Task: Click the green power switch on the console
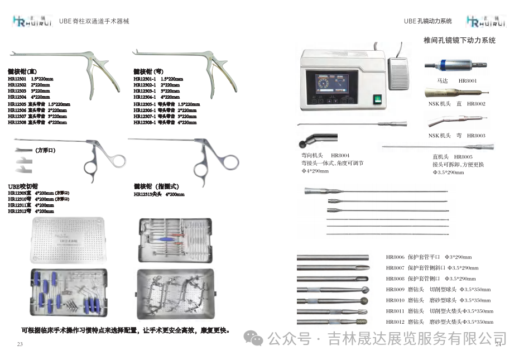pos(378,100)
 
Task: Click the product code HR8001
pos(468,81)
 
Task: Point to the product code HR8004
pos(340,155)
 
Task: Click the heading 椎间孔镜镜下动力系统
pos(459,41)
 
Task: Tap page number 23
pos(20,344)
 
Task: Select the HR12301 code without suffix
pos(17,79)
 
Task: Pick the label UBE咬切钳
pos(23,186)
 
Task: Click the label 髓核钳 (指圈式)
pos(156,186)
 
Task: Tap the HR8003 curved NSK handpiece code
pos(476,136)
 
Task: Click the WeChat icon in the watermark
pos(255,338)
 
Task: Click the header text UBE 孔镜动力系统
pos(428,21)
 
